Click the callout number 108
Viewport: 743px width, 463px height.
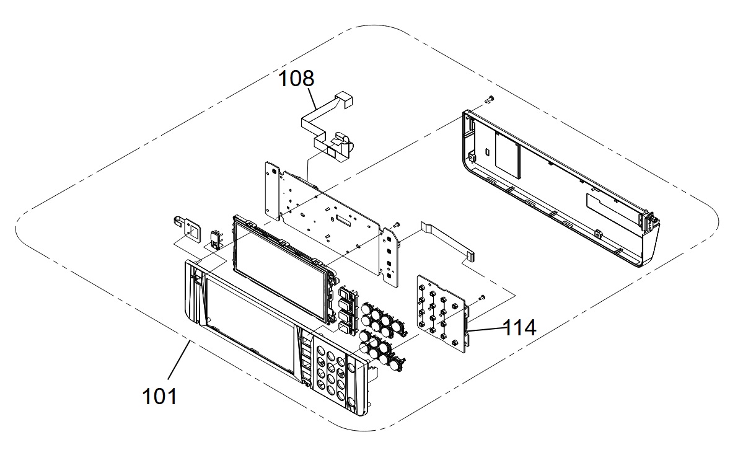pos(296,79)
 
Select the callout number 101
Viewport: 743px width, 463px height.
pos(160,396)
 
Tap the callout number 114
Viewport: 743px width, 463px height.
pos(519,327)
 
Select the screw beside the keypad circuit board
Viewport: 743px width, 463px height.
pos(481,297)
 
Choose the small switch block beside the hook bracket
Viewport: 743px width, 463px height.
pos(216,239)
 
